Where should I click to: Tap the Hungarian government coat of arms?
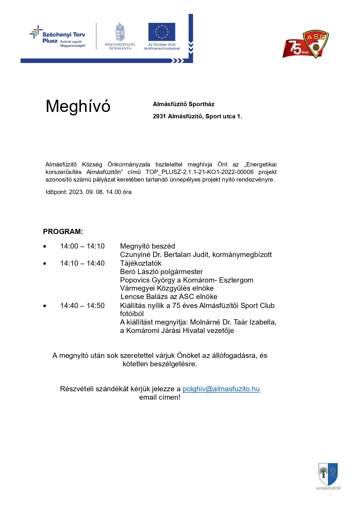point(120,32)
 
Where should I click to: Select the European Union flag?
point(162,32)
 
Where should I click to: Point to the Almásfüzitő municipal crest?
point(328,474)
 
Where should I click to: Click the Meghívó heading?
point(78,106)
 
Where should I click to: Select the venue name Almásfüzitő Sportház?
point(184,104)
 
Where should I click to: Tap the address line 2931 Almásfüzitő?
point(197,116)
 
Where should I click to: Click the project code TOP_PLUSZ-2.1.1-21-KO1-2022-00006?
point(200,172)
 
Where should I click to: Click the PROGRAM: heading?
point(63,231)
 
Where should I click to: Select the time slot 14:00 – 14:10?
point(82,246)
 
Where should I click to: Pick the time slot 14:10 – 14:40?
point(82,263)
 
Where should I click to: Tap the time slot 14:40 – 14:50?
point(82,306)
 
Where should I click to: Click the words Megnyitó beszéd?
point(147,246)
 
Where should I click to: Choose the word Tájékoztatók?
point(141,263)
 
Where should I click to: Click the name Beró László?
point(140,272)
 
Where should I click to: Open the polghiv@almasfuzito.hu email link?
point(221,389)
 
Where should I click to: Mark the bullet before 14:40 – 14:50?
point(45,306)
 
